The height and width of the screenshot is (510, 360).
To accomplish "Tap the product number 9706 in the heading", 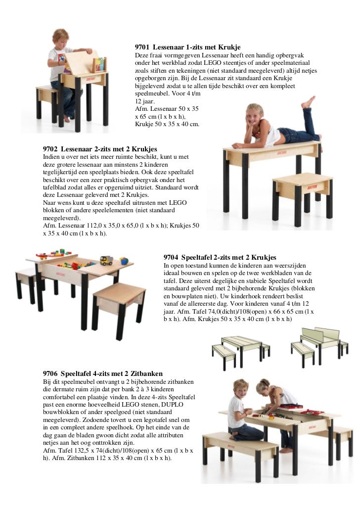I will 50,373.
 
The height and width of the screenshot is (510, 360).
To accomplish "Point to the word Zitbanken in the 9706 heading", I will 146,373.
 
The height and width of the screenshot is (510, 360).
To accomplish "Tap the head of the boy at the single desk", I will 61,37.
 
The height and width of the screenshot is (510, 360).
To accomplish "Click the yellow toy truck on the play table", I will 106,260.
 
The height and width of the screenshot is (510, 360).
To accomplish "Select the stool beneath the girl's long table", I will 302,190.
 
